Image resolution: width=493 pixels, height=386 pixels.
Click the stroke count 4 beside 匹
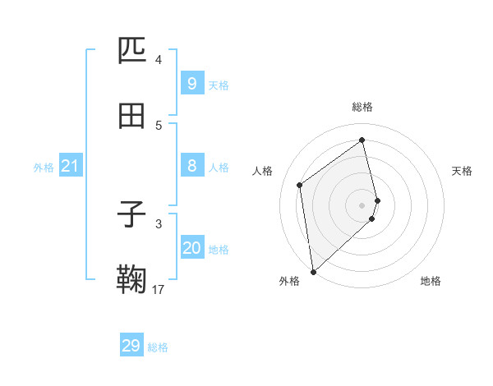click(x=158, y=59)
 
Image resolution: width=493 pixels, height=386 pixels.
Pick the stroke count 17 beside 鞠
click(x=158, y=289)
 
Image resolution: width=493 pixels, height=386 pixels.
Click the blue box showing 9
click(x=191, y=84)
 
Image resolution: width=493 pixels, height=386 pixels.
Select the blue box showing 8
click(x=191, y=166)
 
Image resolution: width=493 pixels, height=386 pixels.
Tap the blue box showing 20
click(x=191, y=248)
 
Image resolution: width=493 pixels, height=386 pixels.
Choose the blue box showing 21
click(x=70, y=167)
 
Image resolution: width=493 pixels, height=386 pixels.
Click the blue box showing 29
click(x=131, y=346)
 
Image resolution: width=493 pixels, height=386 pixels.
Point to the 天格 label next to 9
click(x=219, y=85)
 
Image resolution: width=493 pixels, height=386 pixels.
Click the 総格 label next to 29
click(x=159, y=347)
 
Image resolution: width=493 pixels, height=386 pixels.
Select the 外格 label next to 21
click(x=44, y=168)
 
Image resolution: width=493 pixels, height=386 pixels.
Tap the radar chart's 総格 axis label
click(x=362, y=107)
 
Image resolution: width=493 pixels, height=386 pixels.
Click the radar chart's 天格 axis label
click(x=463, y=171)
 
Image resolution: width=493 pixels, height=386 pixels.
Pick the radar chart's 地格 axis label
click(x=431, y=281)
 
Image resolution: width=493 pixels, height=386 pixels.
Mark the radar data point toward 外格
click(x=312, y=271)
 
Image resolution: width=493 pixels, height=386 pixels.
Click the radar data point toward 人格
click(x=300, y=185)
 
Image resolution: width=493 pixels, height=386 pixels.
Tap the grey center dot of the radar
click(x=362, y=204)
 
